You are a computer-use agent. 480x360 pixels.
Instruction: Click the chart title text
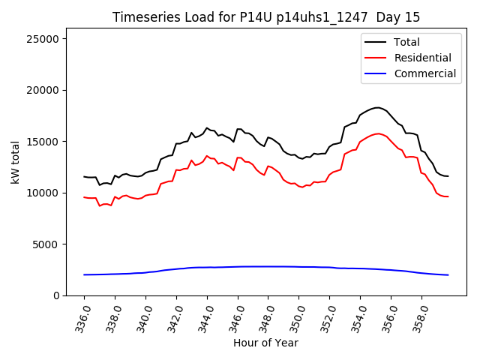(266, 17)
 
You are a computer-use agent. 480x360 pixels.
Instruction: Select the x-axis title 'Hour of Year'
(265, 343)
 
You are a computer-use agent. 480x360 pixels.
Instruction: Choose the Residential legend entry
(422, 58)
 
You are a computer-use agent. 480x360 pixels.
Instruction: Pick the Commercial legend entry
(424, 73)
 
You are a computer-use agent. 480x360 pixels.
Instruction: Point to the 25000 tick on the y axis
(52, 39)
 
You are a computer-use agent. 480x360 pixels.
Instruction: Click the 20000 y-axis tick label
(52, 90)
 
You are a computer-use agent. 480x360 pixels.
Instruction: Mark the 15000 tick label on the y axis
(52, 142)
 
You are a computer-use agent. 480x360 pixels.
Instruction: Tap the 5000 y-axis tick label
(55, 244)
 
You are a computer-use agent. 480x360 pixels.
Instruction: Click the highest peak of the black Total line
(377, 107)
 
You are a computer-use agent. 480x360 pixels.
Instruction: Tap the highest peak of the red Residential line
(379, 133)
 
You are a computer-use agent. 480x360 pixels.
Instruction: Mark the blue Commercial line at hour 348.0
(268, 266)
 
